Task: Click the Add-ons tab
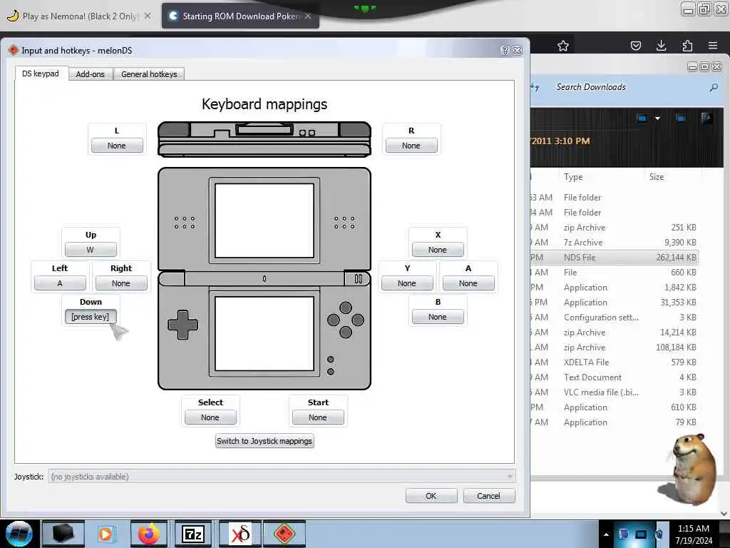point(90,74)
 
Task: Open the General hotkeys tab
point(149,74)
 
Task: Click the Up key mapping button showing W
point(91,250)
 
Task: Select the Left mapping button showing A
point(60,283)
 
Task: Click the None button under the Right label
point(121,283)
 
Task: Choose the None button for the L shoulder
point(116,146)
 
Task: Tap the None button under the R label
point(411,146)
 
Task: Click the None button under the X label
point(438,250)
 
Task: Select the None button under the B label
point(438,317)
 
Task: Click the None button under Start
point(318,417)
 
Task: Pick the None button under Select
point(210,417)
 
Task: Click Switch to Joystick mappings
point(264,441)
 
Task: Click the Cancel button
point(488,496)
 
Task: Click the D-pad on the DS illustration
point(182,325)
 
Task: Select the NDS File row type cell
point(580,258)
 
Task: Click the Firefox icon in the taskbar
point(149,534)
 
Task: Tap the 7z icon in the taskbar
point(193,534)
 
